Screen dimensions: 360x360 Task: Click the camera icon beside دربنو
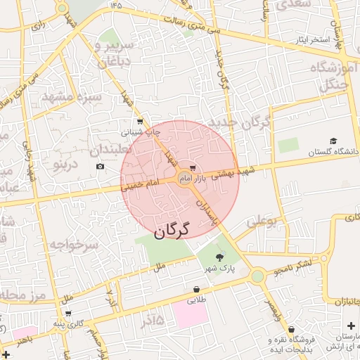(100, 167)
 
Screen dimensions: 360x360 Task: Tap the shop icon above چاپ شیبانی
(139, 121)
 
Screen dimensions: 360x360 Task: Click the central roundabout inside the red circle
(185, 178)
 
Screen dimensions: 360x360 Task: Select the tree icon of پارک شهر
(219, 257)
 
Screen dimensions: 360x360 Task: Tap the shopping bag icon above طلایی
(196, 289)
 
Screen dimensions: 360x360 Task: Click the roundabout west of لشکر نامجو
(257, 276)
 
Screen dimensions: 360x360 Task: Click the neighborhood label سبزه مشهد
(72, 96)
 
